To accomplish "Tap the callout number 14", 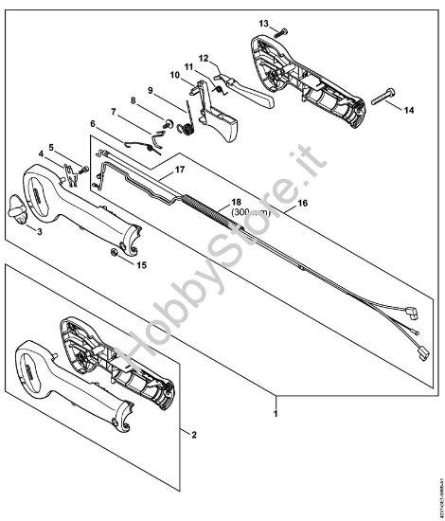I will [409, 111].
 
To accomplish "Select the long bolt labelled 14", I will [388, 96].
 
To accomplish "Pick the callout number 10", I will [174, 75].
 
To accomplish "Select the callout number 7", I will [114, 112].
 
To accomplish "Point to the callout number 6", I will [93, 124].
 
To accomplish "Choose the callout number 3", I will [39, 230].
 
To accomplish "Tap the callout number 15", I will [142, 264].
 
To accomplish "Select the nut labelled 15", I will [114, 251].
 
